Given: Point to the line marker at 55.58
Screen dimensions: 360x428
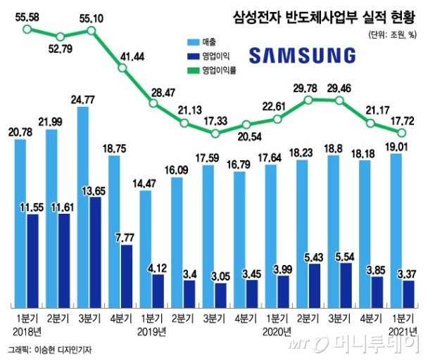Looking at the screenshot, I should point(26,30).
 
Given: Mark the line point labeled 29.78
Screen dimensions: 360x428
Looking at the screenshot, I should point(308,101).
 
